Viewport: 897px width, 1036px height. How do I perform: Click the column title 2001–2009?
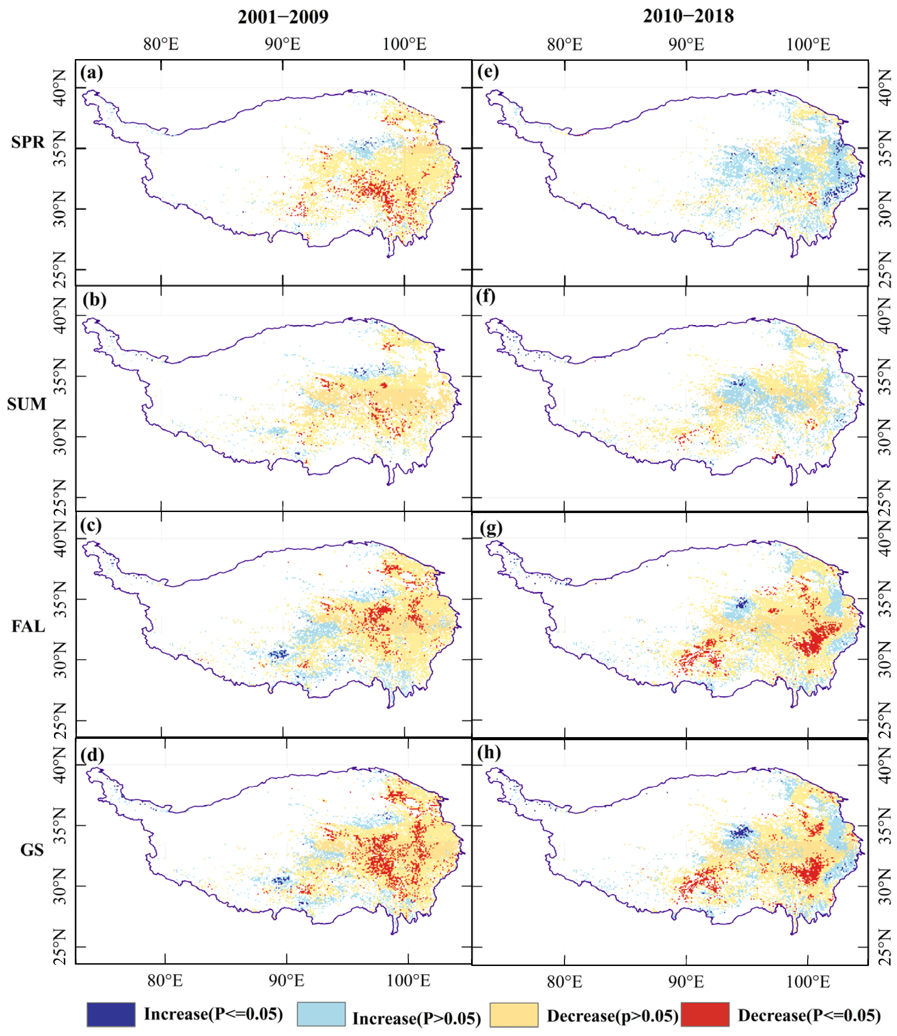(283, 17)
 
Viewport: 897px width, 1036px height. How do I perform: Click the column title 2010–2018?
(688, 16)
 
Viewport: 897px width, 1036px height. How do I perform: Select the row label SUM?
(27, 404)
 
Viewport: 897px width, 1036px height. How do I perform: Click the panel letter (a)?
(92, 73)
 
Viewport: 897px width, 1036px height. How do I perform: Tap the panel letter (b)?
(95, 300)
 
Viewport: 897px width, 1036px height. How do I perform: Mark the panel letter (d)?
(92, 754)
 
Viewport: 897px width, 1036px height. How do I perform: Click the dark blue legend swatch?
(111, 1014)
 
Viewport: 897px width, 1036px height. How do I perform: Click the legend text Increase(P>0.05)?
(416, 1018)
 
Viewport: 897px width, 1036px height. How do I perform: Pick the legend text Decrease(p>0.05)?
(612, 1016)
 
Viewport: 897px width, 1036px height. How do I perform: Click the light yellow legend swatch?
(514, 1014)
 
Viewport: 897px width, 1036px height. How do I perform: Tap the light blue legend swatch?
(321, 1014)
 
